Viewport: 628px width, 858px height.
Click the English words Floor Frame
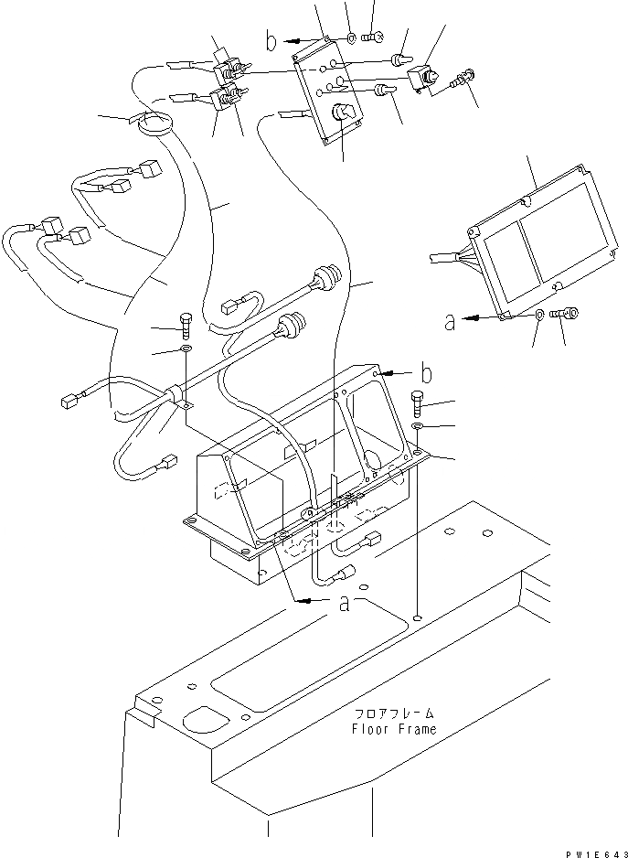(x=393, y=729)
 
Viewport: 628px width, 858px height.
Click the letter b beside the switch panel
(x=271, y=40)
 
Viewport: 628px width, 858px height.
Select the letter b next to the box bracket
(x=425, y=373)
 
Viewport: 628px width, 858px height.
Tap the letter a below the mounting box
(x=345, y=604)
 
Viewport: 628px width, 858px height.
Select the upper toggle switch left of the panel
(x=228, y=69)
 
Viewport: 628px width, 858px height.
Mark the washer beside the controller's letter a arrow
(x=540, y=314)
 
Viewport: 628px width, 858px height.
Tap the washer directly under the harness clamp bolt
(x=186, y=349)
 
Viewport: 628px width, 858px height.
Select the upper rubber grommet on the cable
(x=323, y=276)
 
